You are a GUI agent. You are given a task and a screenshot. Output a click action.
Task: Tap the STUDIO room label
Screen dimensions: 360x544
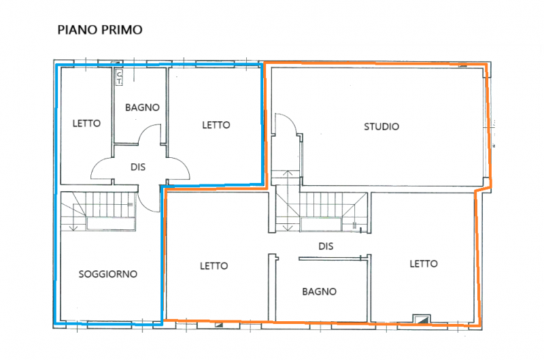381,127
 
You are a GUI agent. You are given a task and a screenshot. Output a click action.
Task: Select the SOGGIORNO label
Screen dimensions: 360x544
108,274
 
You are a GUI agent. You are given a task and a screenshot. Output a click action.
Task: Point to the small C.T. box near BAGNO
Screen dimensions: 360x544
119,77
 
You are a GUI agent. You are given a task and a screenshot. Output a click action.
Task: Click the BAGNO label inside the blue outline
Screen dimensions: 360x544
142,108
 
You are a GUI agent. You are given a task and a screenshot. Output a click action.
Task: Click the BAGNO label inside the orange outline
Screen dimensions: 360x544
319,291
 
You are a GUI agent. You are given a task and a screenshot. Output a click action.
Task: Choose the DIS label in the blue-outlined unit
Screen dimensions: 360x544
139,165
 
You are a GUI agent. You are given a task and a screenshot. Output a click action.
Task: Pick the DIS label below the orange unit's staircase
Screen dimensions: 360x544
327,246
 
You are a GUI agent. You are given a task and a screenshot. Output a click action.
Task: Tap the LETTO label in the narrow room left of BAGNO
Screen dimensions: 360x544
86,124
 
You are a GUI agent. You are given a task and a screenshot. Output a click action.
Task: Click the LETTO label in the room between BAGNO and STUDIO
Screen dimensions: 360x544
216,125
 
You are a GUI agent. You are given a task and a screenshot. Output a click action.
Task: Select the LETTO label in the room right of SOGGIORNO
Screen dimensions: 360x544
214,266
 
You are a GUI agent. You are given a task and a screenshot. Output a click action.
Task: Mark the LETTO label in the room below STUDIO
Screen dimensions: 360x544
423,264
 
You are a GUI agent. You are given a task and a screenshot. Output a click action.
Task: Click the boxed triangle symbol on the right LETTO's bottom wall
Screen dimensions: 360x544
422,318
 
